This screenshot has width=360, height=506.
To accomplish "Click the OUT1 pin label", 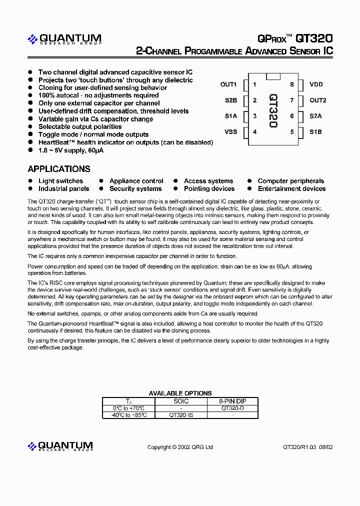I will [x=228, y=84].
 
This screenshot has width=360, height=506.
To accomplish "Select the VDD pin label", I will [x=316, y=84].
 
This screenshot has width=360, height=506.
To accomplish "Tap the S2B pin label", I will [x=230, y=100].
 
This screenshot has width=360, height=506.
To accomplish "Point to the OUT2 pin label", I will [x=317, y=100].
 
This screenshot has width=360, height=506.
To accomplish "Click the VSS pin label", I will [x=230, y=132].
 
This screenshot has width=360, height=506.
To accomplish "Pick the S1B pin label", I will [x=315, y=132].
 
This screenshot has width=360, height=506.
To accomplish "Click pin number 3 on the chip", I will [x=255, y=116].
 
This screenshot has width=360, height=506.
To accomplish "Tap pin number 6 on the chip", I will [x=291, y=116].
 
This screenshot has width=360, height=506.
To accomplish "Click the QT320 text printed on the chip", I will [x=273, y=110].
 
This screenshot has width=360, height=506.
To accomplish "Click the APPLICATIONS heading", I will [x=59, y=169].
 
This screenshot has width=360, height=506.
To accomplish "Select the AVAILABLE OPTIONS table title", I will [x=180, y=393].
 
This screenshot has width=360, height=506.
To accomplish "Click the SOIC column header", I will [x=180, y=401].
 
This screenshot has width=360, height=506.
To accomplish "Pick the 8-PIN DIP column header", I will [x=232, y=401].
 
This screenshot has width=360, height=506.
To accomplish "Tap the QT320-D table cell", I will [x=232, y=408].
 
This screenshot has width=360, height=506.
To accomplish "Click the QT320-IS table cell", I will [x=180, y=415].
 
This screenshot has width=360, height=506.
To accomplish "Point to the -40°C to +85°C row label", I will [x=128, y=415].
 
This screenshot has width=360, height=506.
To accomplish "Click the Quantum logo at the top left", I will [x=64, y=39].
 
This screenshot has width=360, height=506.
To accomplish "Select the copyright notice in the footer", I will [x=180, y=447].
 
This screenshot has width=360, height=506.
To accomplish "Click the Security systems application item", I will [x=135, y=189].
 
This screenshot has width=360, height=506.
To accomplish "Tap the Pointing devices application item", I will [x=209, y=189].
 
